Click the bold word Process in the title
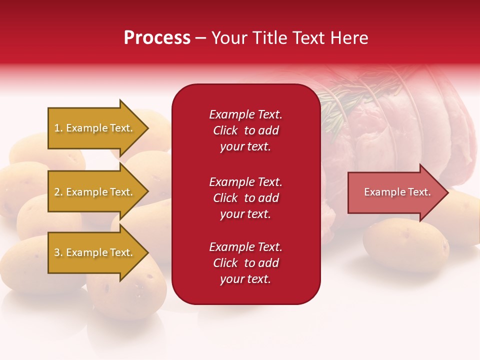pyautogui.click(x=157, y=38)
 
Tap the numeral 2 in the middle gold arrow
pyautogui.click(x=57, y=192)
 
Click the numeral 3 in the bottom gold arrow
pyautogui.click(x=57, y=252)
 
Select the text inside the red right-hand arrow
pyautogui.click(x=397, y=192)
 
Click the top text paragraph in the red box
pyautogui.click(x=245, y=130)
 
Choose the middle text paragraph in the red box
pyautogui.click(x=245, y=198)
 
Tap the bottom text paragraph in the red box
pyautogui.click(x=245, y=263)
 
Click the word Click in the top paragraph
pyautogui.click(x=225, y=130)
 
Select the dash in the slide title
pyautogui.click(x=200, y=38)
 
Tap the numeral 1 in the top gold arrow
pyautogui.click(x=57, y=128)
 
